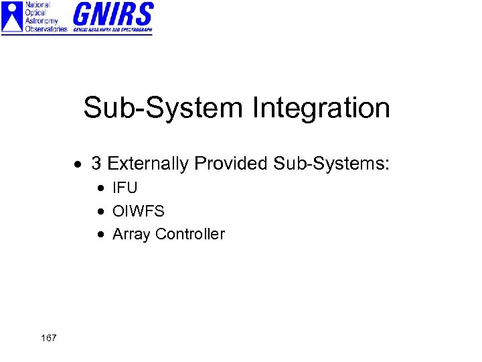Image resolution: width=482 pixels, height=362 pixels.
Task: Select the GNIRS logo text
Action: [x=112, y=14]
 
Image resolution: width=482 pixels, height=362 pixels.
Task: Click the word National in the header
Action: [x=37, y=5]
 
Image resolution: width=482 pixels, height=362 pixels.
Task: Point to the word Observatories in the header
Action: [x=46, y=29]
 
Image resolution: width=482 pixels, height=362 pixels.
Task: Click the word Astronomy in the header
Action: [x=43, y=21]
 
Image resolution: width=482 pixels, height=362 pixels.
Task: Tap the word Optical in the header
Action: [x=36, y=13]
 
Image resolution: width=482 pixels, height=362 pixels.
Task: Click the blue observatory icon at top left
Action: [x=12, y=17]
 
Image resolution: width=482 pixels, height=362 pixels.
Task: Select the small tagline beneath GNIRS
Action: [x=112, y=30]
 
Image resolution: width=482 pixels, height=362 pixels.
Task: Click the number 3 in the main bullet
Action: [x=96, y=163]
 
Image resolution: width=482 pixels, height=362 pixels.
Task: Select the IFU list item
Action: [x=125, y=188]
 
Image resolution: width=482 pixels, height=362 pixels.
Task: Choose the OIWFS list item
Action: [x=138, y=211]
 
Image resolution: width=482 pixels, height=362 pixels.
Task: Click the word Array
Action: [x=131, y=235]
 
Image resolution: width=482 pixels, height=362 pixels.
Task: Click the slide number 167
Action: [x=48, y=338]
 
